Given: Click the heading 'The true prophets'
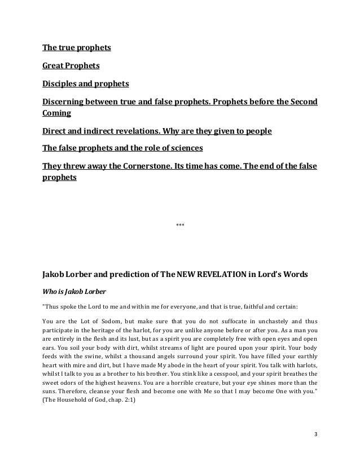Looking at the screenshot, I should point(77,47).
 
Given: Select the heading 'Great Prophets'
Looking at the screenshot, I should point(71,66).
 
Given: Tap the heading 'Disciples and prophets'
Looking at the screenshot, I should point(86,84).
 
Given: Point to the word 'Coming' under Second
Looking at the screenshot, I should point(57,113).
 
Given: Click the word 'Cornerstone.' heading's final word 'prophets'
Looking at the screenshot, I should point(60,178).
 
